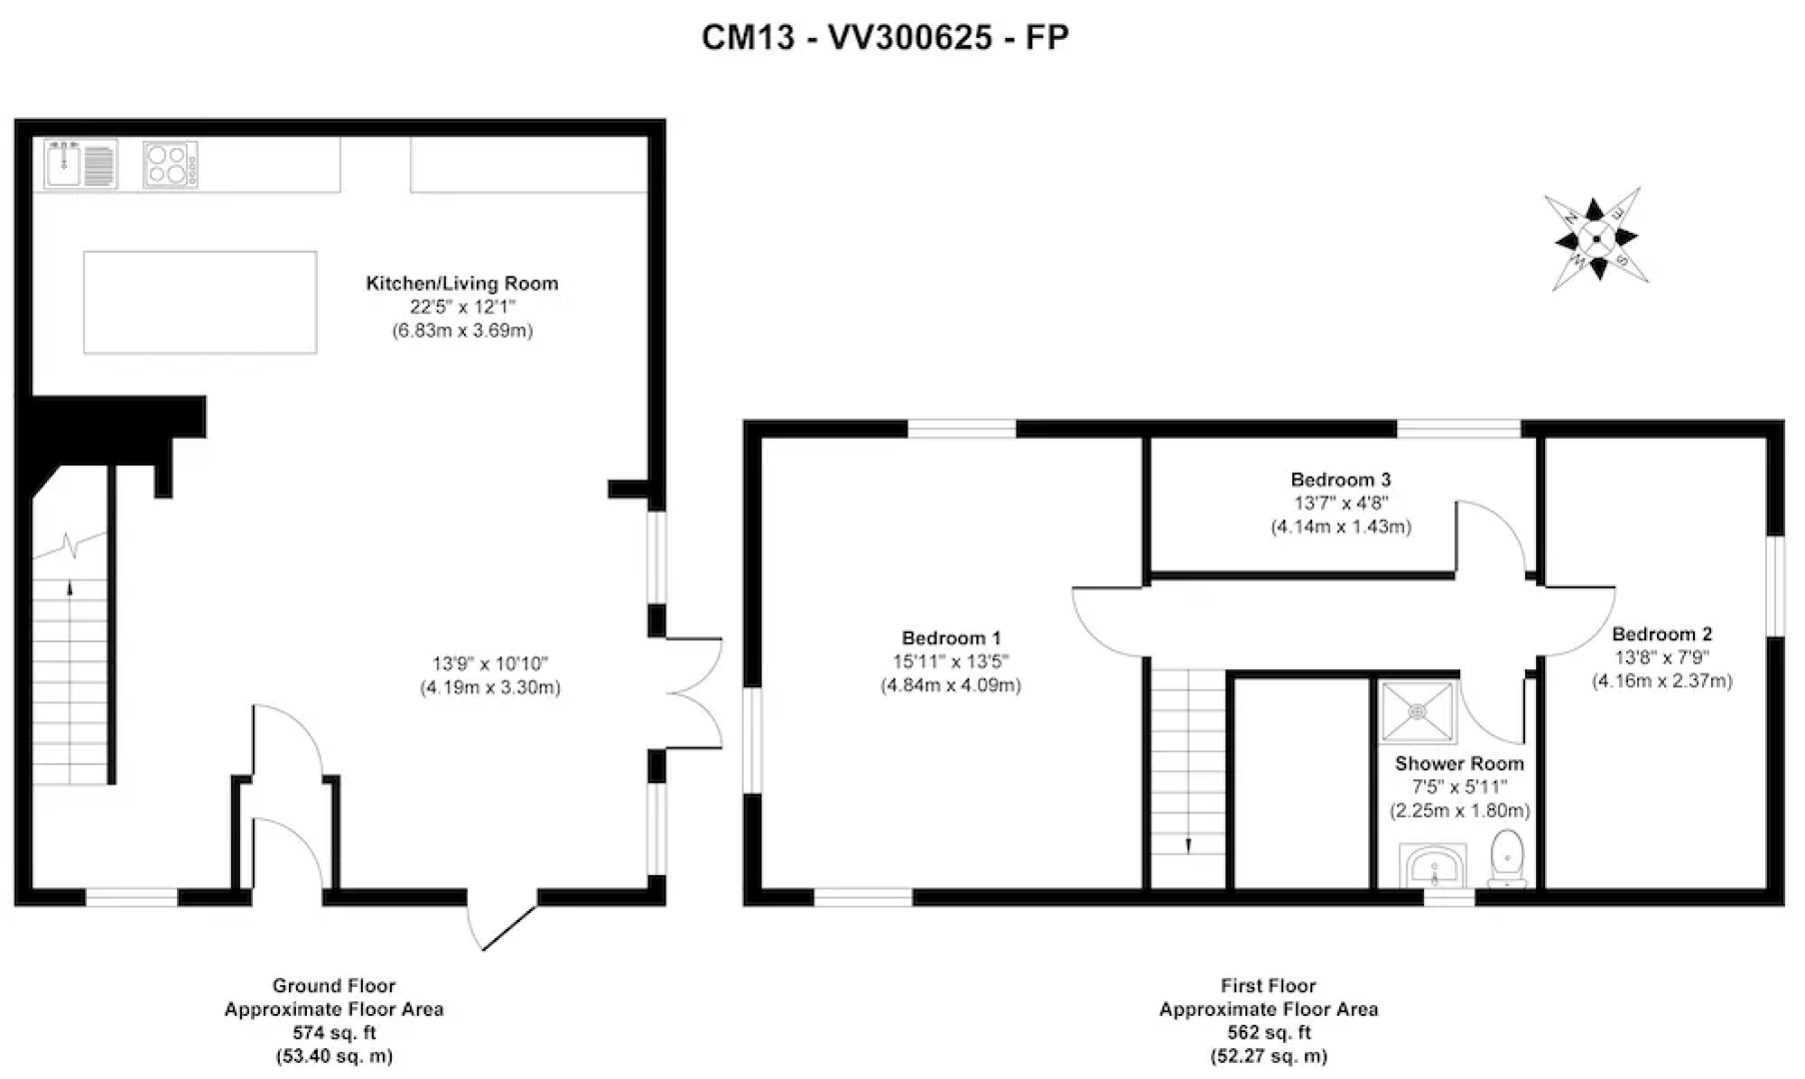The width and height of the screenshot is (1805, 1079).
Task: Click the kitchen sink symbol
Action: [x=81, y=164]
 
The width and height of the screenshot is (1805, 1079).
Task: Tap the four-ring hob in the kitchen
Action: [x=170, y=165]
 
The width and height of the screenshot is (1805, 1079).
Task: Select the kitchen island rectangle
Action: [x=200, y=303]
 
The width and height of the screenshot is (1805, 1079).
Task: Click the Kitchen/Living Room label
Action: [x=462, y=283]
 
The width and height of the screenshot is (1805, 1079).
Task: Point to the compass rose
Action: [x=1595, y=239]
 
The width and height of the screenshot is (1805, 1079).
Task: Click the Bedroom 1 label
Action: [x=950, y=637]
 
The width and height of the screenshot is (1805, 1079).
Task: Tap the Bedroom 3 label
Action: [x=1340, y=480]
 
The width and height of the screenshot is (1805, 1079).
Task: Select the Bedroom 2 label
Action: [x=1661, y=633]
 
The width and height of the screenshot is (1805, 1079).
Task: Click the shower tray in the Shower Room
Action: [x=1418, y=712]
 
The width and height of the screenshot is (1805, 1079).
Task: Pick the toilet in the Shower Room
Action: [x=1506, y=858]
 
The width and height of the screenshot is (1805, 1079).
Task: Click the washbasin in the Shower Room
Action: [x=1433, y=865]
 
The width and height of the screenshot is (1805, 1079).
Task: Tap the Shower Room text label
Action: [x=1459, y=763]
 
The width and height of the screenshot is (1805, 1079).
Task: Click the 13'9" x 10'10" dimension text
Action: [x=490, y=663]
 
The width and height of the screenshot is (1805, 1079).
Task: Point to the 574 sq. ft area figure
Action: [x=334, y=1032]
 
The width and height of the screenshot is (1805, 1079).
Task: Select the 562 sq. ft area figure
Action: [x=1268, y=1032]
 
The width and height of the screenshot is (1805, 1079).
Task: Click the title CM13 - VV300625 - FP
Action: [x=885, y=37]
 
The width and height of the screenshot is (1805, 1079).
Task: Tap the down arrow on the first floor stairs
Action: [x=1188, y=845]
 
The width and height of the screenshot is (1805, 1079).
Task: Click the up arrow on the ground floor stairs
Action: [x=70, y=588]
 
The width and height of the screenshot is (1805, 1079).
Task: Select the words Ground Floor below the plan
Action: [x=334, y=985]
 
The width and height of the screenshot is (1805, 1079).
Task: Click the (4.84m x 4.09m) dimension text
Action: [x=950, y=685]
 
